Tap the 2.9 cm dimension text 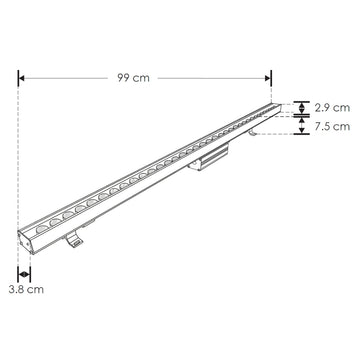click(329, 107)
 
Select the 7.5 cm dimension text click(329, 127)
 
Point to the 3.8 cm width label click(24, 289)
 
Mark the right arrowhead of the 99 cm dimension click(268, 77)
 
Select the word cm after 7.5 click(340, 127)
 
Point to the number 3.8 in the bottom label click(16, 289)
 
